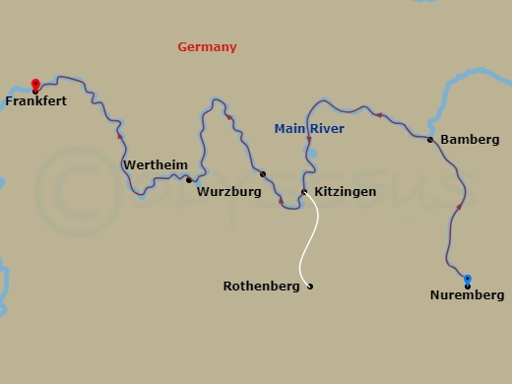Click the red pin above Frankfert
point(35,85)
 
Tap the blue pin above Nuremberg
point(468,280)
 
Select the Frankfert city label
point(35,100)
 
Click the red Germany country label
point(207,47)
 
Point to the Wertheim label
point(155,165)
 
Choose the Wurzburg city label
point(228,192)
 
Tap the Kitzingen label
point(345,192)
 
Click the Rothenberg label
point(261,287)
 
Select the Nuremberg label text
point(467,295)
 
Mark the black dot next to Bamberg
point(430,140)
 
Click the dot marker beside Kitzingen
point(304,192)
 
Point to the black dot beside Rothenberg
point(310,287)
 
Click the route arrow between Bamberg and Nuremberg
point(460,207)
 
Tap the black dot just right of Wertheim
point(189,180)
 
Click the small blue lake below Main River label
point(313,155)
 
